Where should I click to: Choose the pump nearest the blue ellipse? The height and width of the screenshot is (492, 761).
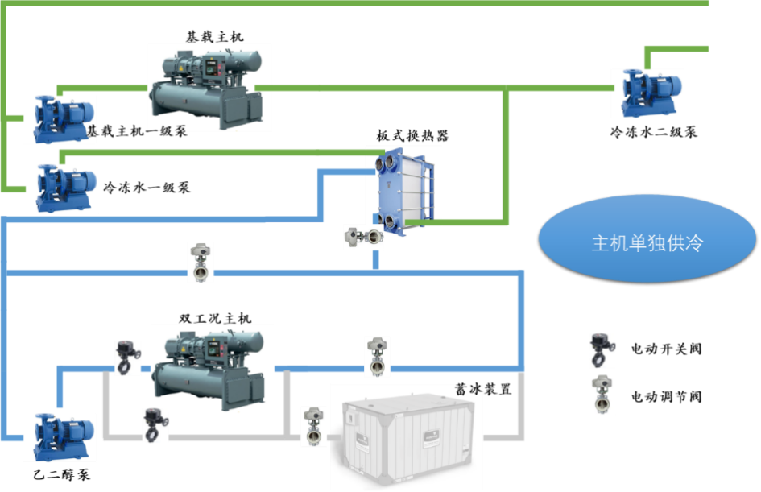pyautogui.click(x=647, y=93)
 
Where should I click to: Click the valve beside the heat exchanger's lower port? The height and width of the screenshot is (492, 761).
pyautogui.click(x=362, y=237)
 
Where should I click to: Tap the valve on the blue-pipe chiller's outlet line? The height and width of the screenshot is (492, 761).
pyautogui.click(x=377, y=356)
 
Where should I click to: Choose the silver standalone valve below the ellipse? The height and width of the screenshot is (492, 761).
pyautogui.click(x=602, y=393)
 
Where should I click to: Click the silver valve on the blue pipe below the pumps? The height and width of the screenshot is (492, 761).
pyautogui.click(x=201, y=262)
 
